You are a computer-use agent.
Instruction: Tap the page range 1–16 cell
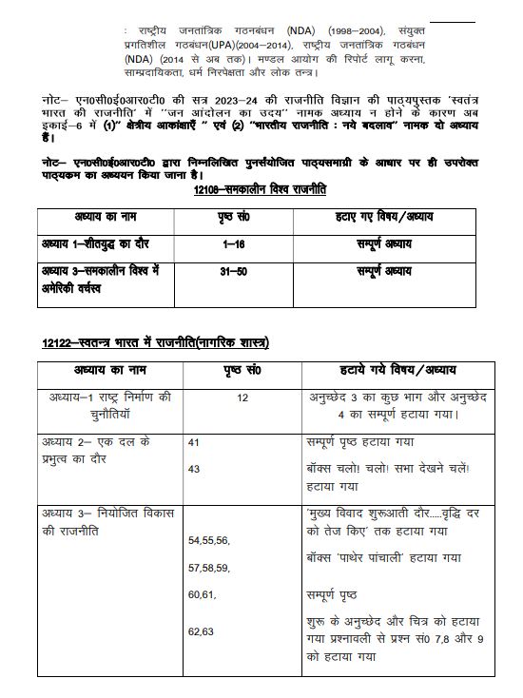point(227,244)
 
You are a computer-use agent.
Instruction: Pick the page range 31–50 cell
point(227,272)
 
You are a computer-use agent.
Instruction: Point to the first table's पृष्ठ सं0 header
point(227,216)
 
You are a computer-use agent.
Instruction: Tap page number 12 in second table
point(242,399)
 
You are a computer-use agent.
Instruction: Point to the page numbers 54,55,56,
point(209,540)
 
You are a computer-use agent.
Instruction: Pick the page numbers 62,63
point(201,630)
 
